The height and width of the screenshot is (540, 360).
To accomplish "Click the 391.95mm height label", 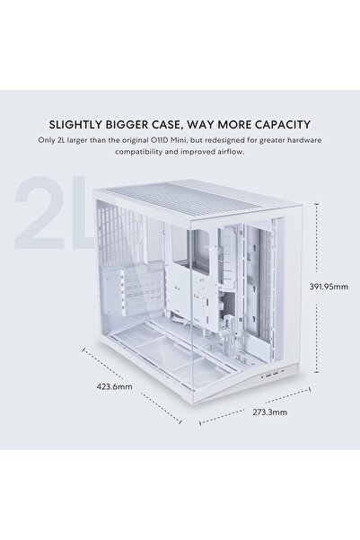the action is [x=329, y=287].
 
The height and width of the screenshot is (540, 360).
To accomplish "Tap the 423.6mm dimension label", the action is [x=114, y=386].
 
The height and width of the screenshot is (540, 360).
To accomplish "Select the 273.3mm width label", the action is [x=270, y=412].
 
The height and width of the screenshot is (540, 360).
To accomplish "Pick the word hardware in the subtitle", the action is [x=304, y=140].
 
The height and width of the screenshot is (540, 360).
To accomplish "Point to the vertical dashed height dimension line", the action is [x=317, y=288].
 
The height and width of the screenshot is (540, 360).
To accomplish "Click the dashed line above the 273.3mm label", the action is [x=255, y=405].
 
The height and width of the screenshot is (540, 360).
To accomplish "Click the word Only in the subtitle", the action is [x=46, y=140].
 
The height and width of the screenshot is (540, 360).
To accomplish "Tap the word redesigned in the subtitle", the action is [x=220, y=140].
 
